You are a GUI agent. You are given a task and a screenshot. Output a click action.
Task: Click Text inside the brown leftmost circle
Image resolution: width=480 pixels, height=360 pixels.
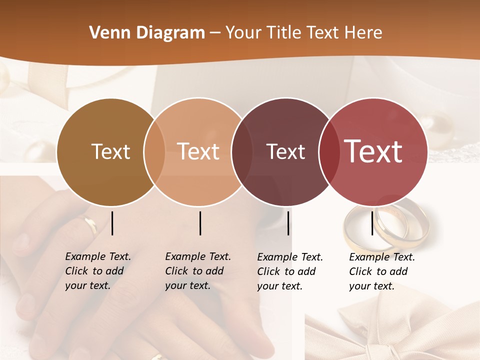click(111, 151)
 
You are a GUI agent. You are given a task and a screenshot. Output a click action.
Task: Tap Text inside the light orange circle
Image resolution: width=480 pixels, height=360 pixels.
click(198, 151)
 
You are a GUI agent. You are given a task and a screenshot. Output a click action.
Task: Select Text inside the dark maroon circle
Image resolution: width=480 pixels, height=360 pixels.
click(285, 151)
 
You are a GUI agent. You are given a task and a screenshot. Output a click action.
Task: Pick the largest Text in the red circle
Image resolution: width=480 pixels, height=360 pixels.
click(373, 151)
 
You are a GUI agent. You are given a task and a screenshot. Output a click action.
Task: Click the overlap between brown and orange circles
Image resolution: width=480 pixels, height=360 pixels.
click(154, 152)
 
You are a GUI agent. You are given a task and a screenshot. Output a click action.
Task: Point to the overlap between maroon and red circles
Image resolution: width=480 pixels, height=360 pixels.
click(327, 152)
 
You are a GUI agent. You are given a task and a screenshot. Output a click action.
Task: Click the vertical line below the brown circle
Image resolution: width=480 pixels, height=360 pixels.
click(112, 223)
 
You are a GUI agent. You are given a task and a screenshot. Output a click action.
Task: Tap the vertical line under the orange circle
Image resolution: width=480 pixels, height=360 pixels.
click(200, 223)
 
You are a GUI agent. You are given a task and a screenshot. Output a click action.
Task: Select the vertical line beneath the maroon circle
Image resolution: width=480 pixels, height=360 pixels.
click(288, 223)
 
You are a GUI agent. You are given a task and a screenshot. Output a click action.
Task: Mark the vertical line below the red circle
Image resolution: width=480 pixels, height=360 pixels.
click(372, 223)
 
